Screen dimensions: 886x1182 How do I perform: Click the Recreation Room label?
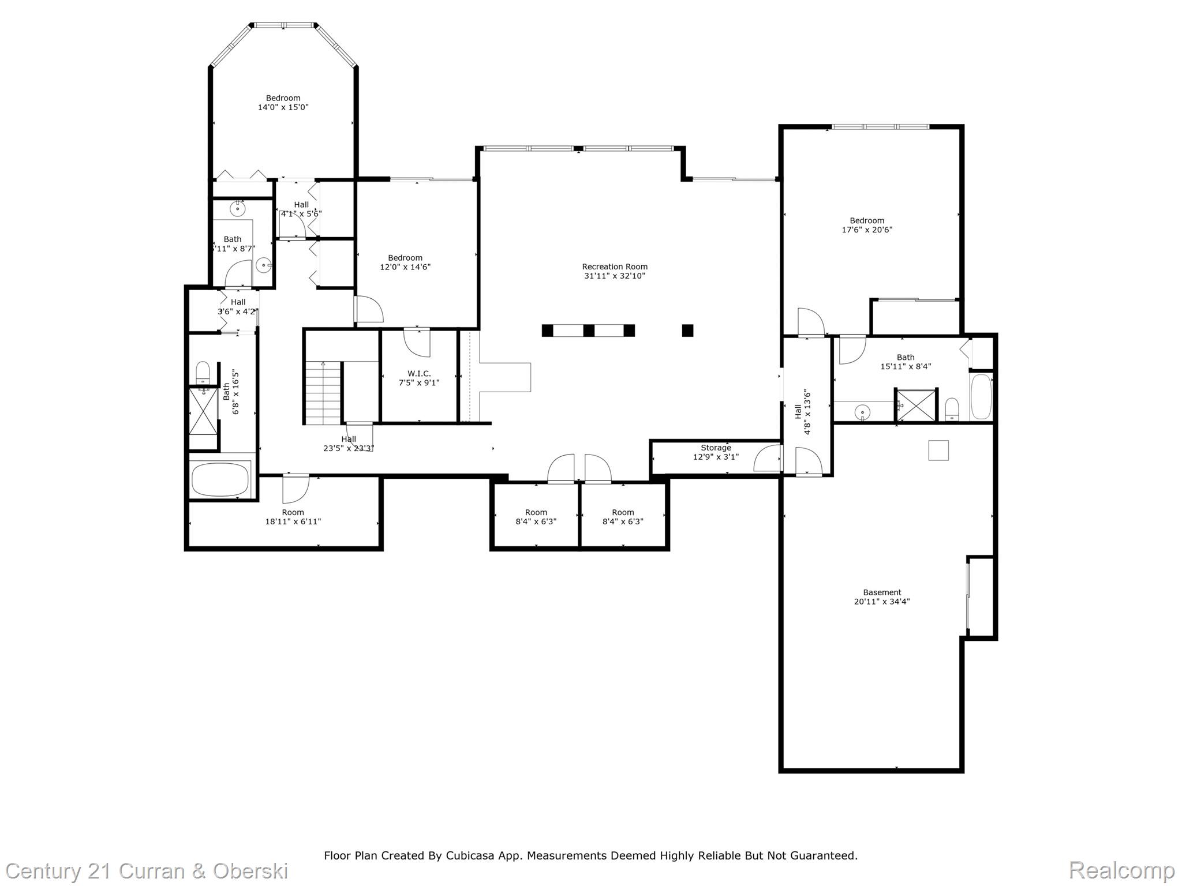click(x=614, y=266)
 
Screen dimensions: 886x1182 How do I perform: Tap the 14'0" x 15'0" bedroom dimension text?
click(x=283, y=107)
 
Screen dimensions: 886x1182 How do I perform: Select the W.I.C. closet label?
click(x=419, y=374)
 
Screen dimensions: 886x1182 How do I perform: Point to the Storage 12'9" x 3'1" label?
click(x=716, y=452)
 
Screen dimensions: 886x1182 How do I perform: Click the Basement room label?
click(x=882, y=592)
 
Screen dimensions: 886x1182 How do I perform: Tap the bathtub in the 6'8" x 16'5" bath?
click(x=220, y=479)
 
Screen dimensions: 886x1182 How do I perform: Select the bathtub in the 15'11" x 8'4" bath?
click(x=981, y=397)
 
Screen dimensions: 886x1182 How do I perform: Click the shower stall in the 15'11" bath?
click(x=916, y=405)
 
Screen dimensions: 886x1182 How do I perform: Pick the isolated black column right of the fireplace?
click(x=687, y=331)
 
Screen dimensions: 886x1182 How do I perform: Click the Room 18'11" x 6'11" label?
click(x=293, y=517)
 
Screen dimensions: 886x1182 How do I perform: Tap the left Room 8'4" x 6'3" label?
click(x=536, y=517)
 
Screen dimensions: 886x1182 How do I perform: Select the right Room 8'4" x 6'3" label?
click(x=623, y=517)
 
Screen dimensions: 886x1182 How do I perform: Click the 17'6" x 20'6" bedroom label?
click(x=867, y=225)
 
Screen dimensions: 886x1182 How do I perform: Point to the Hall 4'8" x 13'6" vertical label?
click(x=803, y=412)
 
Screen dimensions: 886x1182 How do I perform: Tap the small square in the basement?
click(x=938, y=450)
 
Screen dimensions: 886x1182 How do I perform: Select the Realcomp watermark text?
click(x=1121, y=870)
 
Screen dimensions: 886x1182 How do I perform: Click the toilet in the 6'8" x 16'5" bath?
click(x=203, y=372)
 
